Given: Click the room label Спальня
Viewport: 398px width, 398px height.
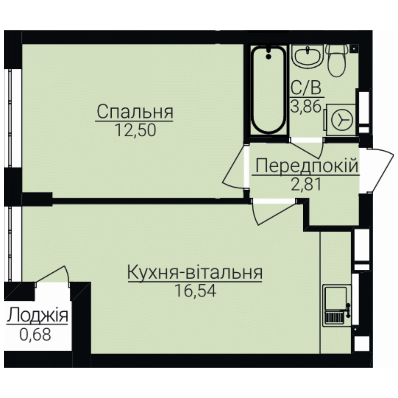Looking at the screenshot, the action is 135,112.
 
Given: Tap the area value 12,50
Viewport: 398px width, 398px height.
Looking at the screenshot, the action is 135,130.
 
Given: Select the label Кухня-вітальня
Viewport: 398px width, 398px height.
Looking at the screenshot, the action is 195,272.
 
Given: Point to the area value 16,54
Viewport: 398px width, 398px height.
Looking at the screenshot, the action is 195,290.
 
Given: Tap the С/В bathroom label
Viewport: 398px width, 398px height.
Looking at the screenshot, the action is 306,88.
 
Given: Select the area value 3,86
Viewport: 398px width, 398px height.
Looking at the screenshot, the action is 306,107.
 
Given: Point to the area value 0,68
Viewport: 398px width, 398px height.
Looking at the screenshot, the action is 35,334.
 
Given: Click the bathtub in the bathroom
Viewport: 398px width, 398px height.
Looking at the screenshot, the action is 269,90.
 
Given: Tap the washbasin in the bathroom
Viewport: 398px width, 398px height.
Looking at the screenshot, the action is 308,56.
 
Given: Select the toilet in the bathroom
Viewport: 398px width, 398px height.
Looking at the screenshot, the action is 337,60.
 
